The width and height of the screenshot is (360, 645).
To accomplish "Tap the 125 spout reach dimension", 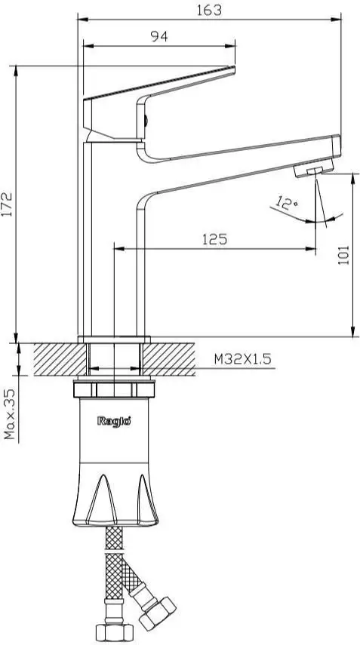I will (x=215, y=239).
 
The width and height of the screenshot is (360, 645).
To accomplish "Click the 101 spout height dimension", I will (x=343, y=256).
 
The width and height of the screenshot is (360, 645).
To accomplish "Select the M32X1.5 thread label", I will (x=241, y=360).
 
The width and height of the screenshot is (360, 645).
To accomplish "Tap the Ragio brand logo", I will (x=114, y=421).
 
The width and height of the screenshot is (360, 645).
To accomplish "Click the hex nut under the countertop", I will (x=115, y=390).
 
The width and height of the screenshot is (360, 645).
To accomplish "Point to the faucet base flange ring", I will (x=115, y=338).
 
